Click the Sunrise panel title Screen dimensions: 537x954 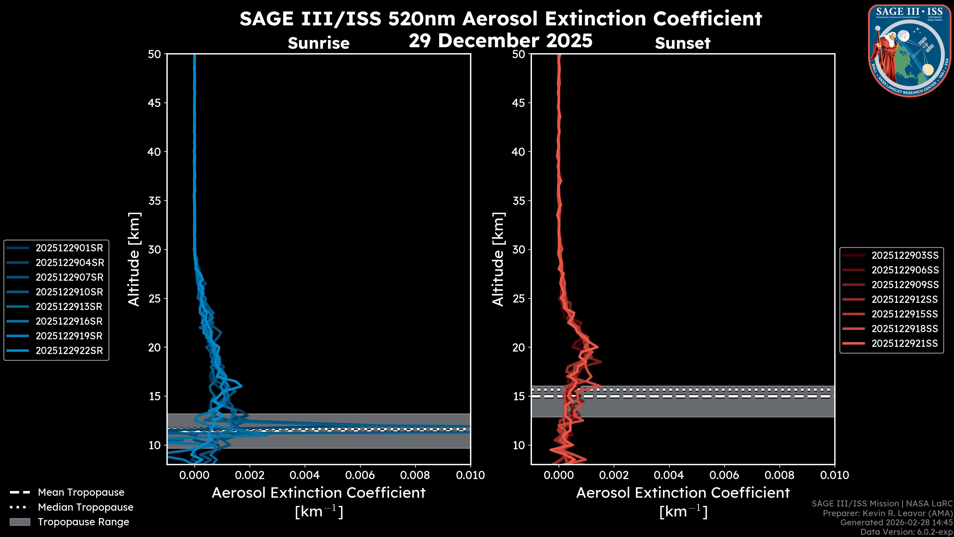coord(318,43)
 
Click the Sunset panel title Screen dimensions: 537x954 coord(682,43)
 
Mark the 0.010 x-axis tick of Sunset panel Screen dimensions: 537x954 coord(835,475)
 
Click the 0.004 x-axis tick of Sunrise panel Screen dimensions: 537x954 coord(305,475)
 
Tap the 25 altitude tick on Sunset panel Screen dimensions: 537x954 coord(519,298)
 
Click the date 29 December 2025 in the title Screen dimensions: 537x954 coord(500,40)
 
